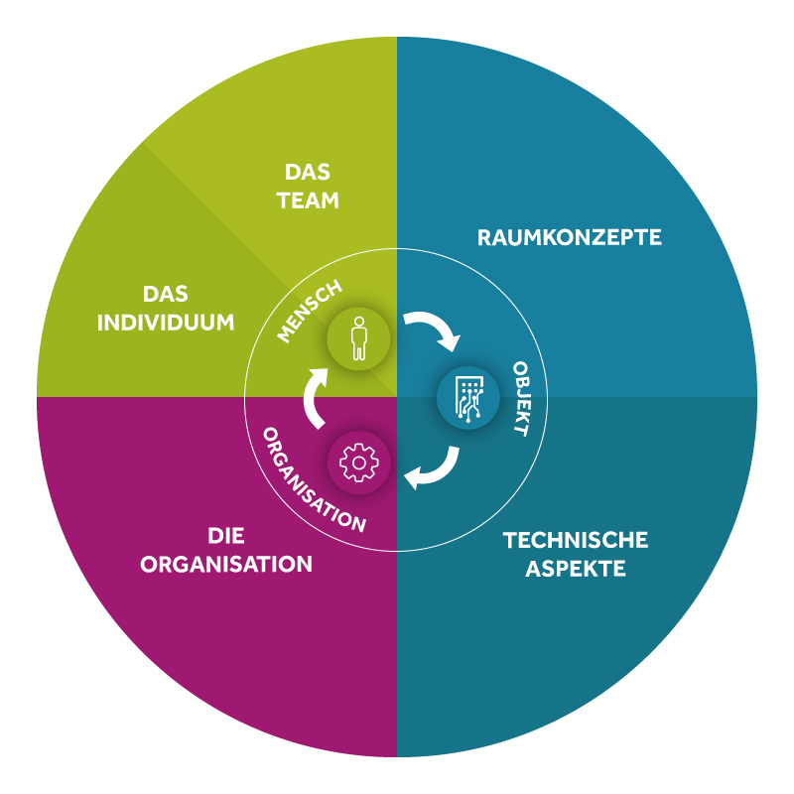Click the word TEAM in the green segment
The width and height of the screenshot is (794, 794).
(x=308, y=200)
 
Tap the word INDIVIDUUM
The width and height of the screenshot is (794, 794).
(x=166, y=323)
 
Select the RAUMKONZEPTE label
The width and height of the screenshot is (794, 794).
(x=569, y=237)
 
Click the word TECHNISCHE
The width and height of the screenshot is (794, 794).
(x=576, y=540)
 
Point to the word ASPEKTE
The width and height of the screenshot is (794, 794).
(x=576, y=569)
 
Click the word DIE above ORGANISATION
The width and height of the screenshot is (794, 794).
(x=226, y=536)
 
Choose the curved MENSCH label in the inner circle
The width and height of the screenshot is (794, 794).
(x=310, y=312)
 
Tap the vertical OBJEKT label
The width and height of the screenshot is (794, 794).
(x=522, y=399)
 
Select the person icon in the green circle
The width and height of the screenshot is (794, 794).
(x=359, y=338)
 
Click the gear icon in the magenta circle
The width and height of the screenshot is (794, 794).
(x=359, y=463)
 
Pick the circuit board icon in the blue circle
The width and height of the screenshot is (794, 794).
(x=468, y=399)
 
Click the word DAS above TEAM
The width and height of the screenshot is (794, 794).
(x=308, y=172)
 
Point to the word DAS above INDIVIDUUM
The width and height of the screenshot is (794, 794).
(x=166, y=294)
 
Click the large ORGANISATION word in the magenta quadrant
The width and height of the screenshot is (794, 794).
(x=226, y=565)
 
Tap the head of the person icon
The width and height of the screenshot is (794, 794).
(x=359, y=321)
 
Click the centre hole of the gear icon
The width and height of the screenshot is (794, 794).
(x=359, y=463)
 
